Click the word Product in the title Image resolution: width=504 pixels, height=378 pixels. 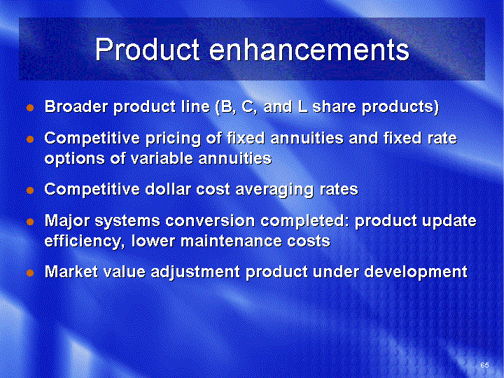click(x=147, y=50)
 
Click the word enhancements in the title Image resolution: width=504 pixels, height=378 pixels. click(x=309, y=50)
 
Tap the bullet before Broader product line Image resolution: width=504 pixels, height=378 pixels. click(x=30, y=108)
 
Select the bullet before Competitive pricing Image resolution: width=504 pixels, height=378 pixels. click(x=30, y=139)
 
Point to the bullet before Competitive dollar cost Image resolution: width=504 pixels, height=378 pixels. click(x=30, y=190)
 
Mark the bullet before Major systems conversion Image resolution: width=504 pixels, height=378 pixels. click(x=30, y=222)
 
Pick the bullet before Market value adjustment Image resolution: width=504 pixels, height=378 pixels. click(x=30, y=273)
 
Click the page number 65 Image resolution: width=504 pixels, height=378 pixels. click(x=484, y=365)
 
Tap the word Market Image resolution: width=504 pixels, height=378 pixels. click(x=71, y=272)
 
